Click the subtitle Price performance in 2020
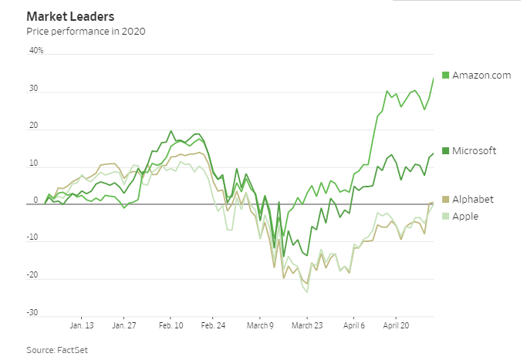86,32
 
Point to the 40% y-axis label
36,51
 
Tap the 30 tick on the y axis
35,89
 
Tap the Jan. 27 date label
124,326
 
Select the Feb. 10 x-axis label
171,326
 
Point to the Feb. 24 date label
214,326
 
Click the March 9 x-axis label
260,326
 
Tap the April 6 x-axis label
353,326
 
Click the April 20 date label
397,326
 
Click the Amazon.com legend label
481,75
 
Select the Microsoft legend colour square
445,151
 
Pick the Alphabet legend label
473,200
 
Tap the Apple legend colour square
445,217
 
